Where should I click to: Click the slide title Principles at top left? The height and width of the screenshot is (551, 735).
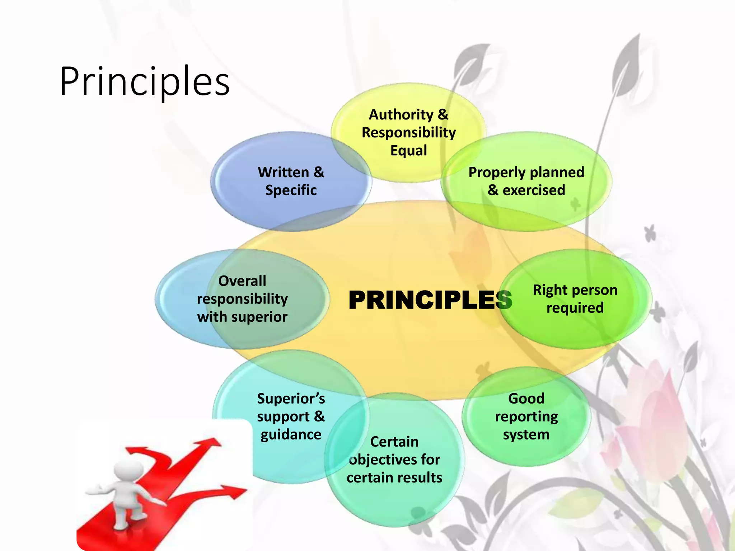pyautogui.click(x=145, y=82)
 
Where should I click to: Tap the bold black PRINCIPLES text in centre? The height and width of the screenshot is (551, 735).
pyautogui.click(x=430, y=300)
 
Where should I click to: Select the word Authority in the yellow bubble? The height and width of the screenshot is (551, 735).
pyautogui.click(x=401, y=115)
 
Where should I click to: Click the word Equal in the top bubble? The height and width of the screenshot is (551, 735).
pyautogui.click(x=408, y=151)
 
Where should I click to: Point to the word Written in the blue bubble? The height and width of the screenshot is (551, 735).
pyautogui.click(x=283, y=172)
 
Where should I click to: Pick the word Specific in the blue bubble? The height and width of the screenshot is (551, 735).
pyautogui.click(x=291, y=190)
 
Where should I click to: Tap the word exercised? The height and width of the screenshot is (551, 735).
pyautogui.click(x=534, y=190)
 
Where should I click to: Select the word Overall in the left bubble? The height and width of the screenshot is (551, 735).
pyautogui.click(x=242, y=281)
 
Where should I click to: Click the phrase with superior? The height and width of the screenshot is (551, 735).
pyautogui.click(x=242, y=317)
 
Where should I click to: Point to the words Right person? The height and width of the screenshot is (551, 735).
pyautogui.click(x=575, y=290)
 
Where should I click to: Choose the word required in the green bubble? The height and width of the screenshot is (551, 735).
pyautogui.click(x=575, y=308)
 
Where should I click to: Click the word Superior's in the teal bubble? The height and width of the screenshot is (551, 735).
pyautogui.click(x=291, y=399)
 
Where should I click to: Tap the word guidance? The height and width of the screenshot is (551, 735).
pyautogui.click(x=291, y=435)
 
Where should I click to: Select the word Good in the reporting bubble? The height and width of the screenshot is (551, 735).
pyautogui.click(x=526, y=399)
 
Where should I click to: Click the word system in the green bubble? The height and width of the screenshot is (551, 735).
pyautogui.click(x=526, y=435)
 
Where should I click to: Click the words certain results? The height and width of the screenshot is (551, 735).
pyautogui.click(x=394, y=478)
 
